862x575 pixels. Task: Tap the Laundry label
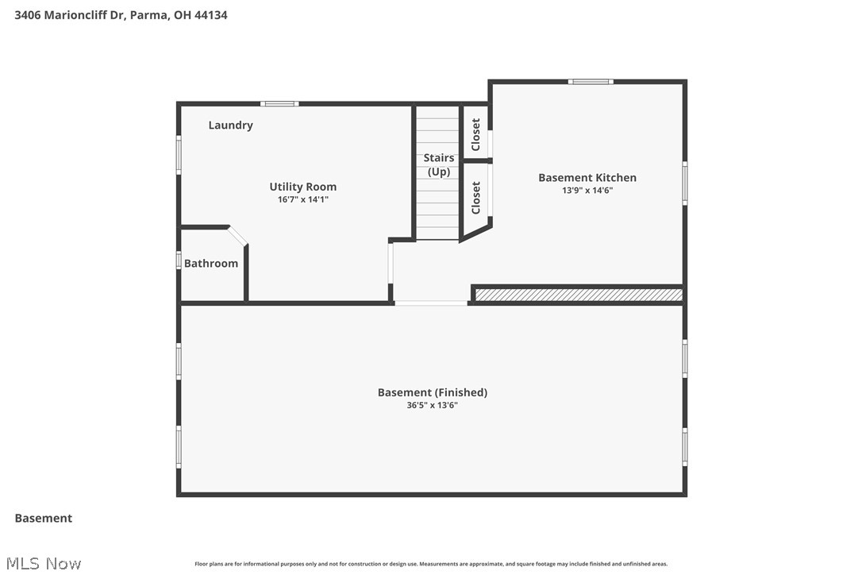pyautogui.click(x=230, y=125)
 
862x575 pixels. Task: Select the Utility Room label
pyautogui.click(x=302, y=187)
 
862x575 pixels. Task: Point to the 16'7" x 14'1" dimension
pyautogui.click(x=302, y=199)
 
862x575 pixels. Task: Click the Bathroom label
pyautogui.click(x=211, y=264)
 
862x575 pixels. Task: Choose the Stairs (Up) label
pyautogui.click(x=438, y=165)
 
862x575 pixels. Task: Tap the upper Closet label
pyautogui.click(x=476, y=135)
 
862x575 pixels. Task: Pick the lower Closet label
pyautogui.click(x=476, y=198)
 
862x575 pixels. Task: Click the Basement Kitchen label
pyautogui.click(x=587, y=178)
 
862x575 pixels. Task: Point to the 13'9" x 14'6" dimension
pyautogui.click(x=587, y=191)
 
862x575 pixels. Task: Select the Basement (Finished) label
pyautogui.click(x=432, y=392)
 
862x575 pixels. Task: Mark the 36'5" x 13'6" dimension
pyautogui.click(x=432, y=405)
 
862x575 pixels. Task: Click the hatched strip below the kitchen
pyautogui.click(x=578, y=295)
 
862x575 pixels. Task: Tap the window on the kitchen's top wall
pyautogui.click(x=591, y=81)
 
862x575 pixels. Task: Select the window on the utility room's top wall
pyautogui.click(x=279, y=103)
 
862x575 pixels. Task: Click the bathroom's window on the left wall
pyautogui.click(x=179, y=260)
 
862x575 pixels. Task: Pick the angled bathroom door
pyautogui.click(x=238, y=236)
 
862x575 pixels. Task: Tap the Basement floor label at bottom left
pyautogui.click(x=44, y=518)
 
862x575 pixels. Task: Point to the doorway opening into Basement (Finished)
pyautogui.click(x=431, y=303)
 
